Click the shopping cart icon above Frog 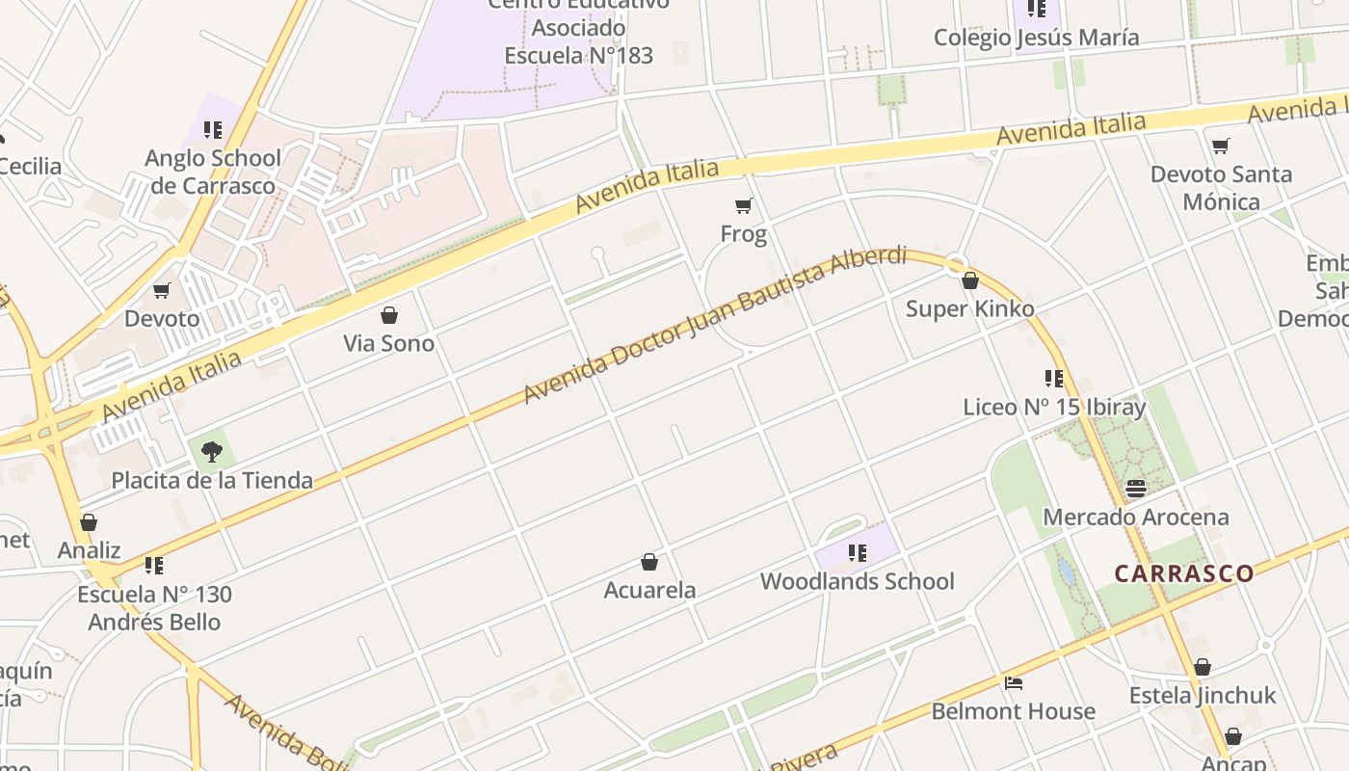pos(744,205)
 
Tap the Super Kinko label pos(969,309)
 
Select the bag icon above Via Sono pos(389,315)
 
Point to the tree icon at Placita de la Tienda pos(212,451)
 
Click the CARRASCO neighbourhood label pos(1184,573)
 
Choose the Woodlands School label pos(857,581)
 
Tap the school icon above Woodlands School pos(857,552)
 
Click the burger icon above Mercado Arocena pos(1136,489)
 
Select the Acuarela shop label pos(649,590)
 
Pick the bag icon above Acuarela pos(649,562)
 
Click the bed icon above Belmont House pos(1013,683)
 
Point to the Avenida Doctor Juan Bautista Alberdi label pos(714,325)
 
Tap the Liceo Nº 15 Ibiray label pos(1054,407)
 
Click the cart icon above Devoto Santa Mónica pos(1221,146)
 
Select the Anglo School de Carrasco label pos(213,172)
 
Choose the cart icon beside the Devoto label pos(162,290)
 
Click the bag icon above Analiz pos(89,522)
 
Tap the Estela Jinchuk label pos(1202,695)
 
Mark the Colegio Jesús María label pos(1036,38)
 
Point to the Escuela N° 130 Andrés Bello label pos(154,608)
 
